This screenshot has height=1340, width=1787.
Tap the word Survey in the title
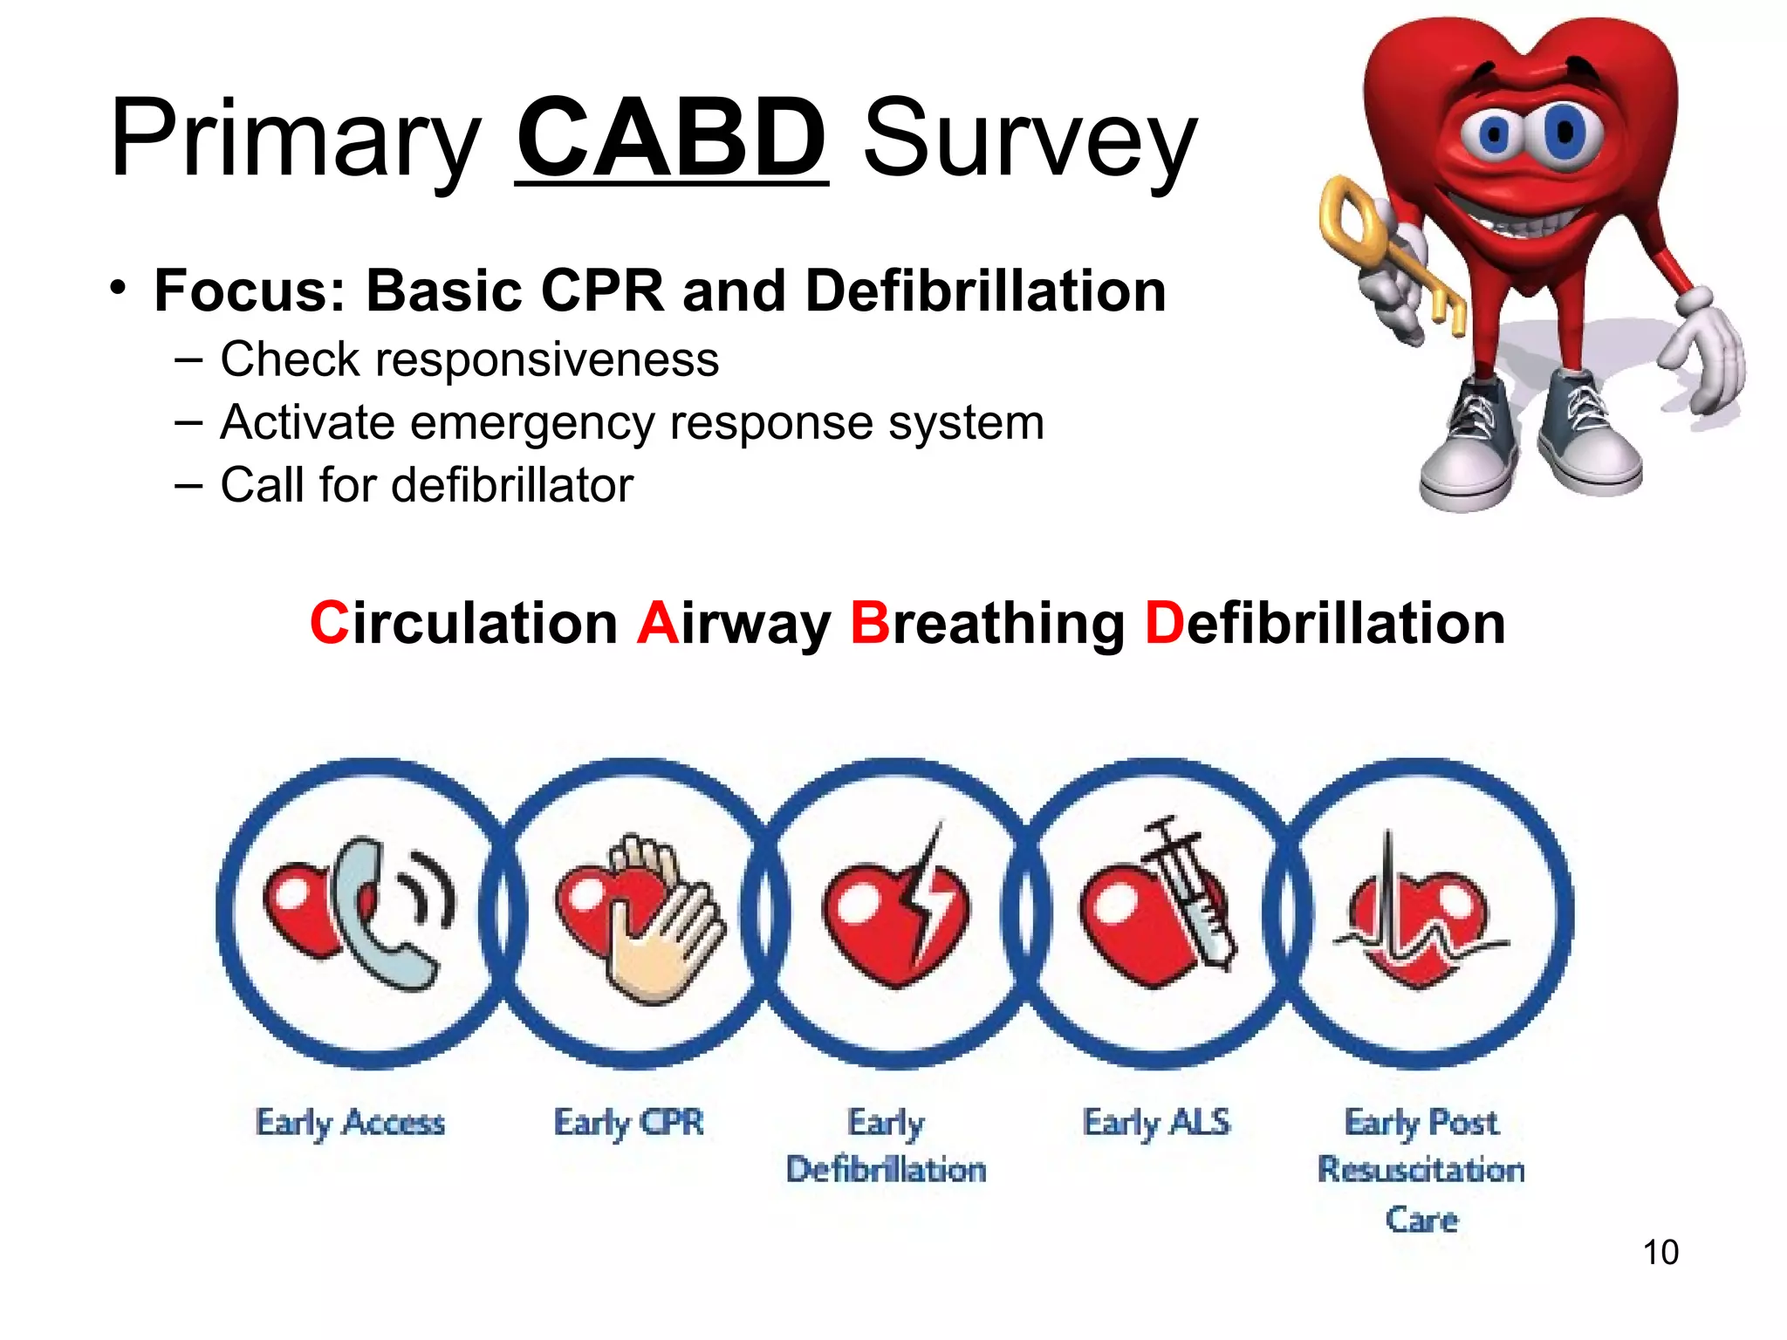click(1030, 140)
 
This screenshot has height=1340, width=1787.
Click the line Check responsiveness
click(469, 359)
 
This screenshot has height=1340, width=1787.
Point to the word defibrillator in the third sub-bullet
click(511, 485)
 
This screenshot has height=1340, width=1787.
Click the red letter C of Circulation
click(329, 624)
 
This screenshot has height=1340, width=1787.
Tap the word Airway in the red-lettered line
click(734, 624)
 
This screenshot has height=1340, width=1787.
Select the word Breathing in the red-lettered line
click(987, 624)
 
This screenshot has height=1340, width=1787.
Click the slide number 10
click(1660, 1252)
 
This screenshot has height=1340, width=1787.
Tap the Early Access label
click(350, 1123)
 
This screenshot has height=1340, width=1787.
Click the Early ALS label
click(1156, 1123)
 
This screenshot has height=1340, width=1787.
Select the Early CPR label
click(628, 1123)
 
